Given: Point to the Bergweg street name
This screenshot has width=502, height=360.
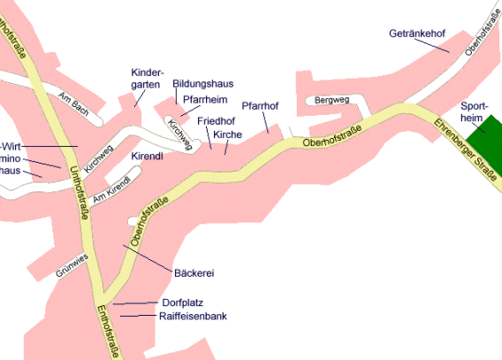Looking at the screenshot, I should coord(331,100).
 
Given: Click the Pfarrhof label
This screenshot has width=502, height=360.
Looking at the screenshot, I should coord(260,106).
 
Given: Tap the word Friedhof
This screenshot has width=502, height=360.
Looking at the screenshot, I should coord(215,120).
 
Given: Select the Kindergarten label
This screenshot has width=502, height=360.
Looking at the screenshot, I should coord(147,78).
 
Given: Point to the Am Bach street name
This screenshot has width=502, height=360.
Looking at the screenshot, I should coord(73,104).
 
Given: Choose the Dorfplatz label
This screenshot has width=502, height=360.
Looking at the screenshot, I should coord(182,303).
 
